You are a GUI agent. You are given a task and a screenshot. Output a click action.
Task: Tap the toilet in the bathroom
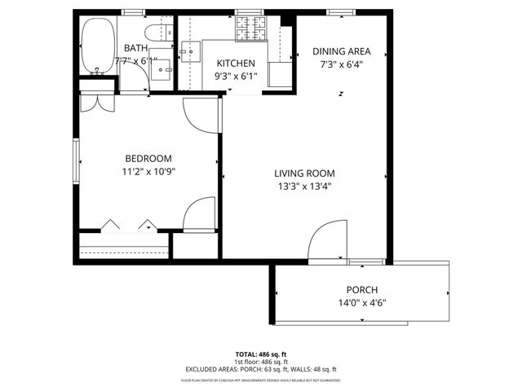[x=153, y=33]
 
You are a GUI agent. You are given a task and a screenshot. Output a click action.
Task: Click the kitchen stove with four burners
[x=251, y=30]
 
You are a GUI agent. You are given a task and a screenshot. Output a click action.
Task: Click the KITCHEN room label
[x=236, y=64]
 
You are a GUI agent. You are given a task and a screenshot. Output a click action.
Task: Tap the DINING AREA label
[x=342, y=51]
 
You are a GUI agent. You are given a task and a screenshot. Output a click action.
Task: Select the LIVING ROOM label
[x=304, y=173]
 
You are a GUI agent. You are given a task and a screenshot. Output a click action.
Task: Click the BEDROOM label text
[x=148, y=158]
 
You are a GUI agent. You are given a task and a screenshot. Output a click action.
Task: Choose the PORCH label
[x=361, y=290]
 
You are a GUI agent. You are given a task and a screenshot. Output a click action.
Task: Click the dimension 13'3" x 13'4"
[x=304, y=186]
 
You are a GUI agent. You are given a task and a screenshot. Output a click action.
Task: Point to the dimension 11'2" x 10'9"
[x=148, y=171]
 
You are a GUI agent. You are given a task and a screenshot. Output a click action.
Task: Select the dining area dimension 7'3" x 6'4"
[x=342, y=64]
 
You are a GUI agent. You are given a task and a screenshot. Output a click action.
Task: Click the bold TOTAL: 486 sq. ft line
[x=260, y=354]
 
